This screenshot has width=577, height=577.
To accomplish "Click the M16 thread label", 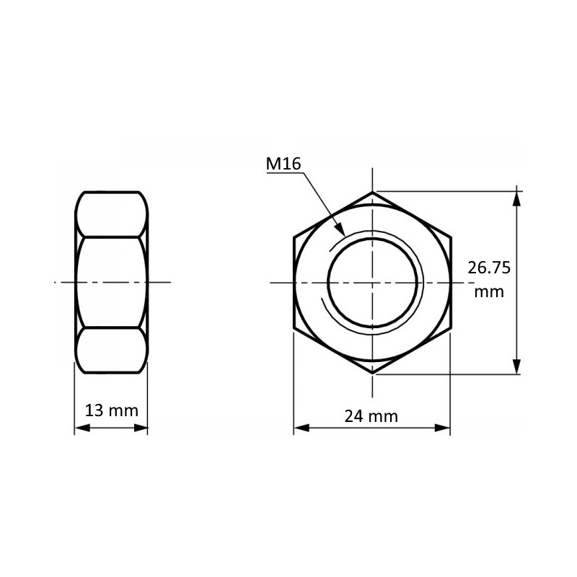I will point(283,164).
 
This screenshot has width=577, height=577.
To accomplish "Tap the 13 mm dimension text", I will point(111,411).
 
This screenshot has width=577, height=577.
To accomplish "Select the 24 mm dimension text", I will point(371,416).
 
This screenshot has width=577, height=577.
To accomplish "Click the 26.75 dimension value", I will point(489,268).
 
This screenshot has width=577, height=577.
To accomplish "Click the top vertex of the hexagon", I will point(373,192).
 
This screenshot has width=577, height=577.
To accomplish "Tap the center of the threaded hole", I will point(373,283).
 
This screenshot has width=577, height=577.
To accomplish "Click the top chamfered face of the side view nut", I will point(111,214).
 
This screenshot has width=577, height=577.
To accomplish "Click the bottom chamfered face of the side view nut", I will point(111,351).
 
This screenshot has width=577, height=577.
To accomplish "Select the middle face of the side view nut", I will point(111,283).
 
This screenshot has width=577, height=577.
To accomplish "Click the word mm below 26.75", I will point(489,292).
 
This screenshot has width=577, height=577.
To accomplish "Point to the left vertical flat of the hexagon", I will point(294,283).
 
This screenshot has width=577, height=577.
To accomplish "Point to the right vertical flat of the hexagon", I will point(451,283).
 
